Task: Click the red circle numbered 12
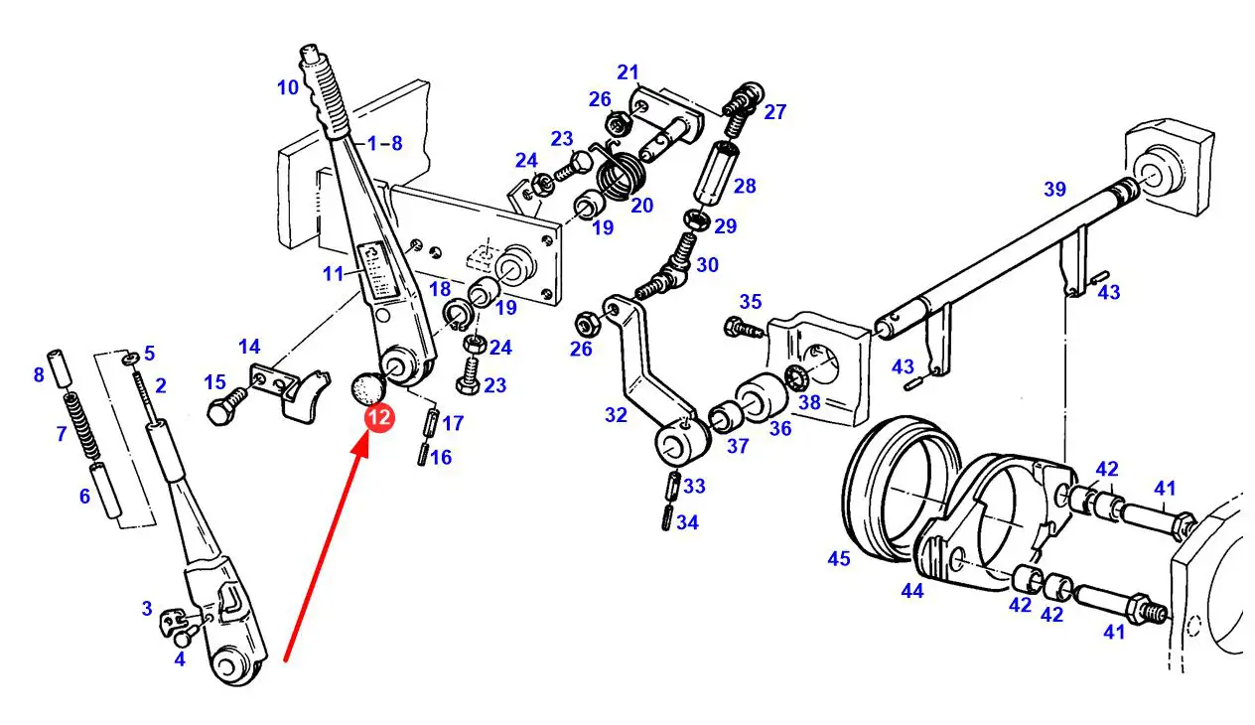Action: tap(378, 419)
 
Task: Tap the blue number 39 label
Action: tap(1054, 189)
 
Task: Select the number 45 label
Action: tap(839, 560)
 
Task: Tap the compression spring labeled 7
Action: tap(72, 418)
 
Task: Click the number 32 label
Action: tap(616, 415)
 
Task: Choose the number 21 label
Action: tap(627, 72)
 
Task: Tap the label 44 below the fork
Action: tap(912, 591)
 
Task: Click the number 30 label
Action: tap(706, 265)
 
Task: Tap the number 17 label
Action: tap(453, 423)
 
